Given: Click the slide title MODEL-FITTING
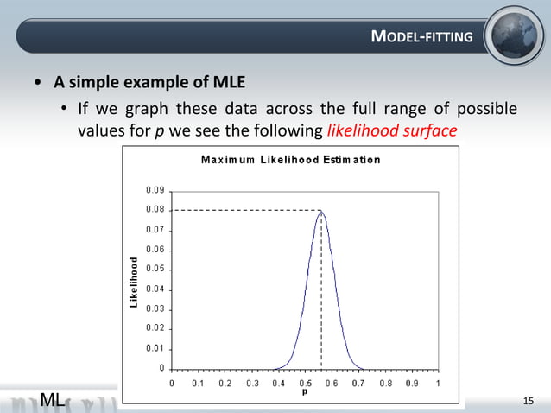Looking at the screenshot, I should [421, 36].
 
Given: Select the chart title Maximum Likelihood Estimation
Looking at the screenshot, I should [290, 160].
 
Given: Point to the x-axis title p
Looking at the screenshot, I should [305, 391].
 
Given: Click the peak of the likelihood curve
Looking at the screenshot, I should [321, 210].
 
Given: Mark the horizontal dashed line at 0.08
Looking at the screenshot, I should [246, 210].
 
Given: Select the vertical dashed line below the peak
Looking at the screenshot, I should [321, 294].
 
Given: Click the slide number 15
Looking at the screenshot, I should [529, 400].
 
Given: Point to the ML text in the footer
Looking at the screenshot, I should [53, 399].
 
